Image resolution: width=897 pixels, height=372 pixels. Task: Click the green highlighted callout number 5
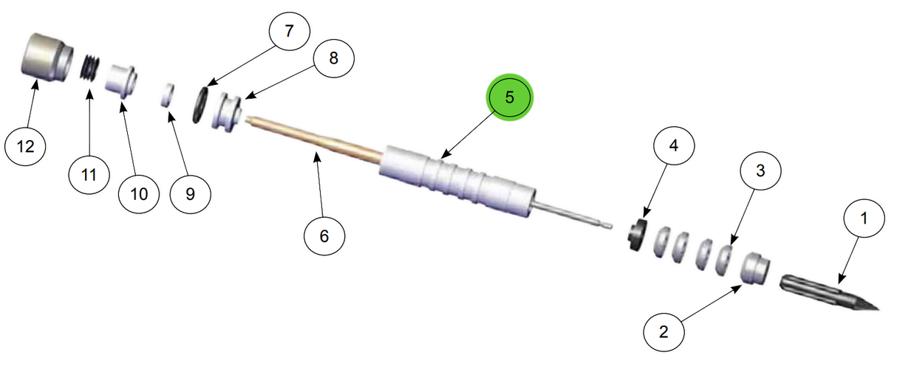click(509, 98)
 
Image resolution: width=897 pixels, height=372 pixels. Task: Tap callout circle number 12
click(26, 146)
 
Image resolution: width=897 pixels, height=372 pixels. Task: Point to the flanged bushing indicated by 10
click(122, 79)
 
